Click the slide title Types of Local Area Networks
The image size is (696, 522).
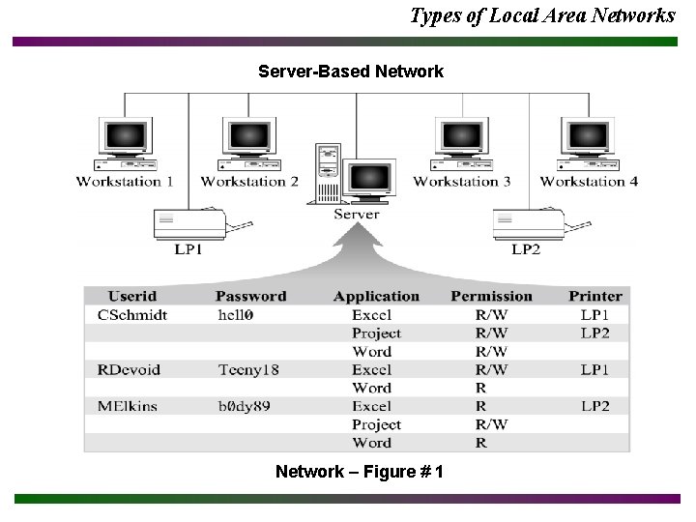[542, 15]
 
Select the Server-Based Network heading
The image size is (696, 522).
[351, 72]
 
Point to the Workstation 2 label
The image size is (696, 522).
[249, 181]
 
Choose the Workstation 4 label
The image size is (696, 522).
[589, 181]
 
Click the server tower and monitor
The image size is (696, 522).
[355, 174]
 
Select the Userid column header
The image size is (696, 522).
[132, 296]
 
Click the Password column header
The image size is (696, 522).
[250, 296]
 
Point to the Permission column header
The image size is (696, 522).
[491, 296]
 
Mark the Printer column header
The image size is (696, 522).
[595, 296]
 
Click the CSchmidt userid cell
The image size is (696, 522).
[132, 314]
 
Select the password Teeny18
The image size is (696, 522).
[248, 369]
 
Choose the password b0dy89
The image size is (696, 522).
[244, 406]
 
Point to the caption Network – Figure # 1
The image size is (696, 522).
[360, 472]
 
